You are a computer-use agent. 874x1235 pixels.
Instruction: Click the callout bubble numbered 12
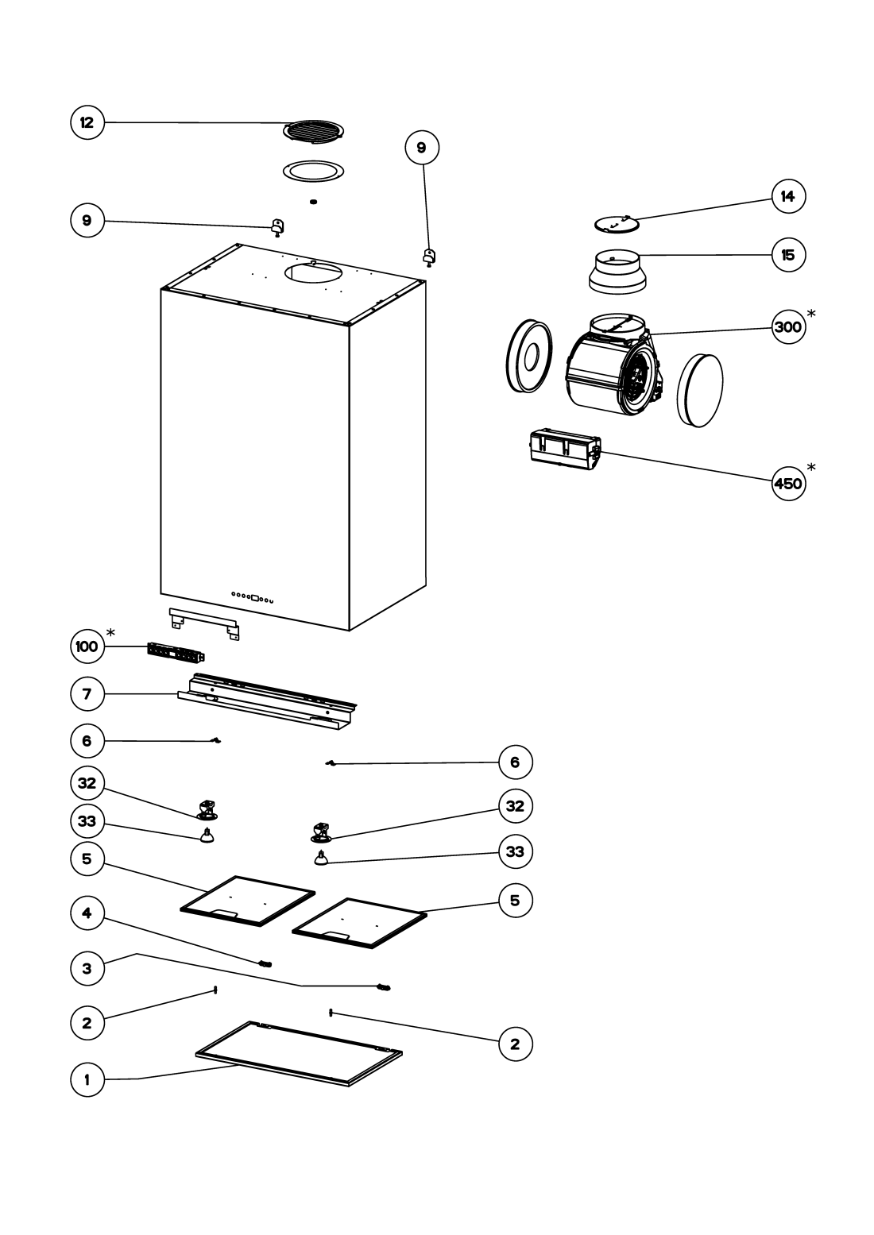tap(87, 122)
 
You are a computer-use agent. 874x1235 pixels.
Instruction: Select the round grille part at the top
tap(313, 131)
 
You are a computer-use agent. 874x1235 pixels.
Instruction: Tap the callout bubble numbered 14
tap(787, 196)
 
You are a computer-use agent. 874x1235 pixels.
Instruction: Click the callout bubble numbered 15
tap(787, 255)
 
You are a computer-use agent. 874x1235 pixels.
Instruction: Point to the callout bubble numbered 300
tap(787, 326)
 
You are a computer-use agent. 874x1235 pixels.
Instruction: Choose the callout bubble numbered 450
tap(787, 483)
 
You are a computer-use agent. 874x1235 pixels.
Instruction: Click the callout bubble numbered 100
tap(87, 646)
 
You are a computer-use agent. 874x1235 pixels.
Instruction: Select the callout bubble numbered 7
tap(87, 694)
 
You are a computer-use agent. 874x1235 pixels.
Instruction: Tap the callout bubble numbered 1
tap(87, 1079)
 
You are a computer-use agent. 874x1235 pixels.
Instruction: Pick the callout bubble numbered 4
tap(87, 913)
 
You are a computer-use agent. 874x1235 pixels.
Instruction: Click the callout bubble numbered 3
tap(87, 968)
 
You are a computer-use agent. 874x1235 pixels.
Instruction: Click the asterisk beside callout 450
tap(811, 466)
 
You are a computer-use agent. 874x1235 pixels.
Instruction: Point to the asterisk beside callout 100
tap(110, 632)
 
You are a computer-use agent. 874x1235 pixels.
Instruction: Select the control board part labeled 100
tap(176, 653)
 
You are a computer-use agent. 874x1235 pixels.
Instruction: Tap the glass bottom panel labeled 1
tap(299, 1054)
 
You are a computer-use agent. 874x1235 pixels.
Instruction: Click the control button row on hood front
tap(253, 596)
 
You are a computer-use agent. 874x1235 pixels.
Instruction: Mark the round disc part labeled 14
tap(617, 224)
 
